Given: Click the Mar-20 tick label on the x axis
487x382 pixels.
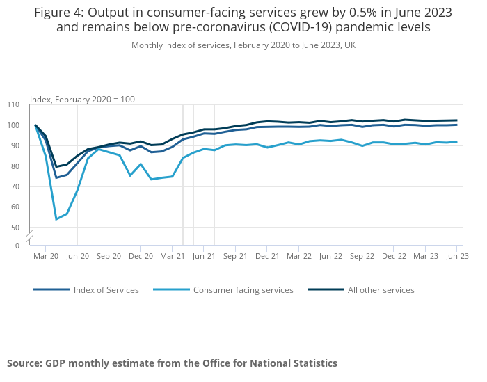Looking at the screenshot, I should tap(46, 256).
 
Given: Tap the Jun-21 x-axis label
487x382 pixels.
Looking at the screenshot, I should tap(203, 256).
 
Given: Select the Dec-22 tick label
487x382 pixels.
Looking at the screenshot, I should tap(394, 256).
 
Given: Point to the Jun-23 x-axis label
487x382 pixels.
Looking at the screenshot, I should tap(457, 256).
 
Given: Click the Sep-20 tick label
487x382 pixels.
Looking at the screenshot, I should tap(109, 256).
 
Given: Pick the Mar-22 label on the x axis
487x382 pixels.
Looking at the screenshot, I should tap(298, 256).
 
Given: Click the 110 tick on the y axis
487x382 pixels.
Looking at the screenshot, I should tap(13, 105).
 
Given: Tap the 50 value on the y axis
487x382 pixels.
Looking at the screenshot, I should tap(15, 228).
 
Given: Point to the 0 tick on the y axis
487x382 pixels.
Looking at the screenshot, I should tap(17, 246).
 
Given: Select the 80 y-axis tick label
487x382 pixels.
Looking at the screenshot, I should tap(15, 166).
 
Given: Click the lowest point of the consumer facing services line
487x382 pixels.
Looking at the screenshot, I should tap(56, 219).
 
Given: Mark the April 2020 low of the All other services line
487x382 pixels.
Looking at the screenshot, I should tap(56, 167).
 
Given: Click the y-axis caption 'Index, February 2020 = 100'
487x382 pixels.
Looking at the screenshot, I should tap(82, 100).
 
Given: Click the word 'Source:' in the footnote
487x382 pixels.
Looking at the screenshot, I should tap(24, 363).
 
